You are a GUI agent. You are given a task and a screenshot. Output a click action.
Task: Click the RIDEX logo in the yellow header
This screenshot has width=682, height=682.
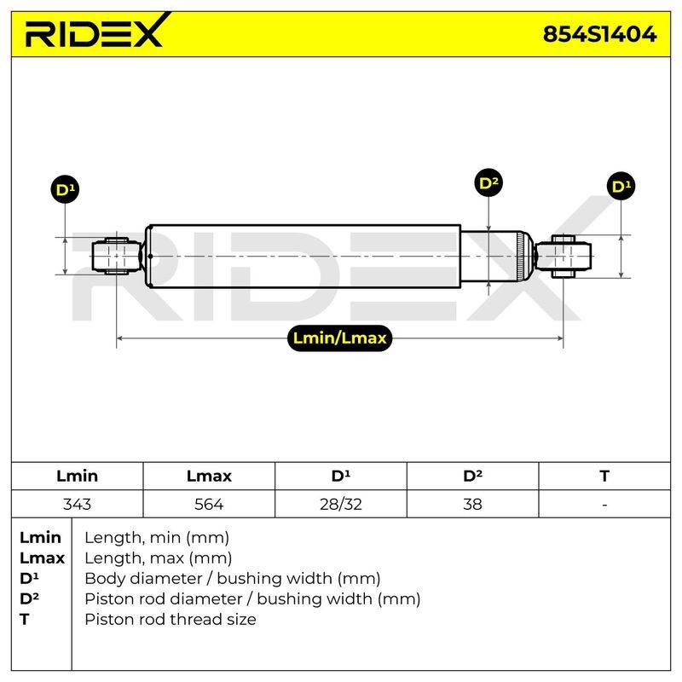pyautogui.click(x=97, y=31)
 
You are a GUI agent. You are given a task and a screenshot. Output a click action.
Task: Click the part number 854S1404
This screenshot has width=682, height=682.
pyautogui.click(x=600, y=34)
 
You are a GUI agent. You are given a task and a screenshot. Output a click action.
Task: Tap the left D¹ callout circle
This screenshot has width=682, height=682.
pyautogui.click(x=65, y=189)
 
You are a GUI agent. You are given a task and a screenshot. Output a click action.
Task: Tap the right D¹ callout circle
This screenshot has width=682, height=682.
pyautogui.click(x=621, y=186)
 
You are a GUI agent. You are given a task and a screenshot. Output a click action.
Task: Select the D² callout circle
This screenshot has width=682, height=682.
pyautogui.click(x=488, y=182)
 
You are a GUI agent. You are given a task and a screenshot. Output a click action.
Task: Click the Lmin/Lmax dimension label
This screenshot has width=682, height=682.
pyautogui.click(x=339, y=338)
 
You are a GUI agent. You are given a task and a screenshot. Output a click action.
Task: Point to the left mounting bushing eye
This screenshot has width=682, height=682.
pyautogui.click(x=116, y=257)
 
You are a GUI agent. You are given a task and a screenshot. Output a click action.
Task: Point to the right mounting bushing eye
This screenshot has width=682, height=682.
pyautogui.click(x=564, y=257)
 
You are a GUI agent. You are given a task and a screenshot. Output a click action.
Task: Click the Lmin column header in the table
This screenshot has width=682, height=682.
pyautogui.click(x=77, y=476)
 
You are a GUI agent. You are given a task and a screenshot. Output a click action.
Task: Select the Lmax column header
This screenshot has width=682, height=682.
pyautogui.click(x=209, y=476)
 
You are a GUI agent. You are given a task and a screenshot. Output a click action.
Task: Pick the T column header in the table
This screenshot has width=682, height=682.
pyautogui.click(x=604, y=476)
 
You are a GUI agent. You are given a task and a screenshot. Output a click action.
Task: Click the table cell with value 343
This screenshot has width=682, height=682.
pyautogui.click(x=77, y=504)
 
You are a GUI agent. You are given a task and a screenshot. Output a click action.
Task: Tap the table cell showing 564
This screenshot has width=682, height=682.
pyautogui.click(x=209, y=504)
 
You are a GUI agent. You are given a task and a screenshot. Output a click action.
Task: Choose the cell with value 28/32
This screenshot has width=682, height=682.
pyautogui.click(x=340, y=504)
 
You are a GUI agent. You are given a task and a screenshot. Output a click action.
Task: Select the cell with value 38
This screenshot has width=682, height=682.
pyautogui.click(x=472, y=504)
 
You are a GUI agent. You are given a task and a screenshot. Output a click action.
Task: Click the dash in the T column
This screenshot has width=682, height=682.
pyautogui.click(x=604, y=505)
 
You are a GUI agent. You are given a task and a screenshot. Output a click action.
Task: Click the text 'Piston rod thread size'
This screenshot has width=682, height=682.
pyautogui.click(x=170, y=619)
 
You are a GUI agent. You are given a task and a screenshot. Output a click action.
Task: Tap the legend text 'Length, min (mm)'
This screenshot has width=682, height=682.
pyautogui.click(x=157, y=538)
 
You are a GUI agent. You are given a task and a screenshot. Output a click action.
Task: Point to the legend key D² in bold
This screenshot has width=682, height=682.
pyautogui.click(x=29, y=598)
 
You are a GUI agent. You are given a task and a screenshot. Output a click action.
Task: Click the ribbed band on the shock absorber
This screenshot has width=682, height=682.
pyautogui.click(x=520, y=257)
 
